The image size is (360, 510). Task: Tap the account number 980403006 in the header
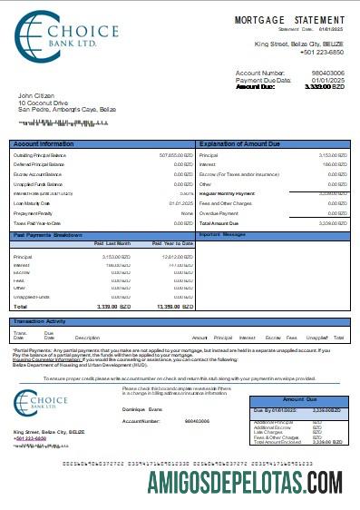[x=327, y=73]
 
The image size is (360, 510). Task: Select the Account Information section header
[x=44, y=144]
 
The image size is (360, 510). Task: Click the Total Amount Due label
[x=219, y=222]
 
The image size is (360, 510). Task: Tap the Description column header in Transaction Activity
[x=86, y=337]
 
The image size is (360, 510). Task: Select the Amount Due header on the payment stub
[x=300, y=399]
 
